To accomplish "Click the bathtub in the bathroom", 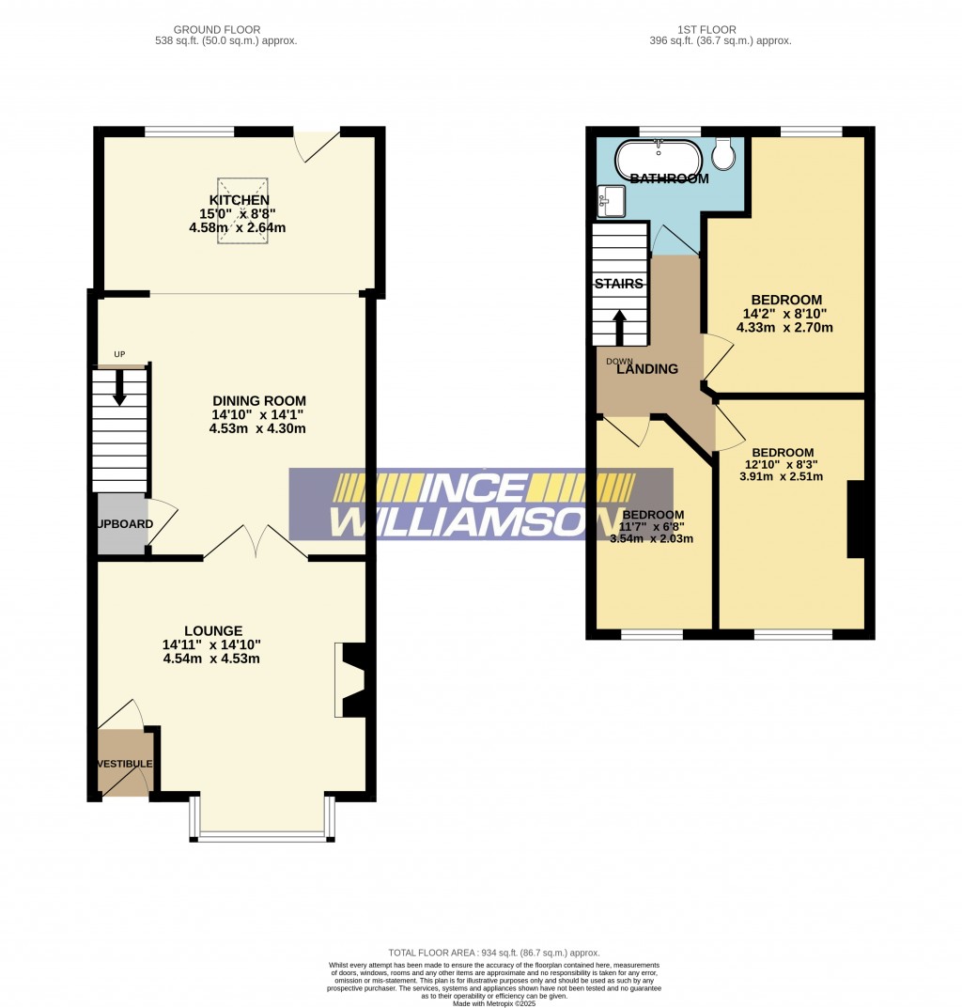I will click(658, 160).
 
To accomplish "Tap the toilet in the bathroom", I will click(723, 153).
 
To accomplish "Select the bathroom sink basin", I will click(611, 200).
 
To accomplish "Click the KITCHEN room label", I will click(240, 200).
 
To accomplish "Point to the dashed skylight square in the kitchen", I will click(242, 211).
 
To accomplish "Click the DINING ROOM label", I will click(258, 401).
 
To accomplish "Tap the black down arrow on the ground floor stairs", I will click(119, 388).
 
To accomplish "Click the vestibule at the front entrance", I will click(124, 763).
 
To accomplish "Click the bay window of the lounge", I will click(262, 832).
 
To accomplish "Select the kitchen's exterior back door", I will click(316, 145).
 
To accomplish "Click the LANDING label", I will click(647, 369).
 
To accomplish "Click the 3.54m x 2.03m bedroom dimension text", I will click(651, 539).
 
